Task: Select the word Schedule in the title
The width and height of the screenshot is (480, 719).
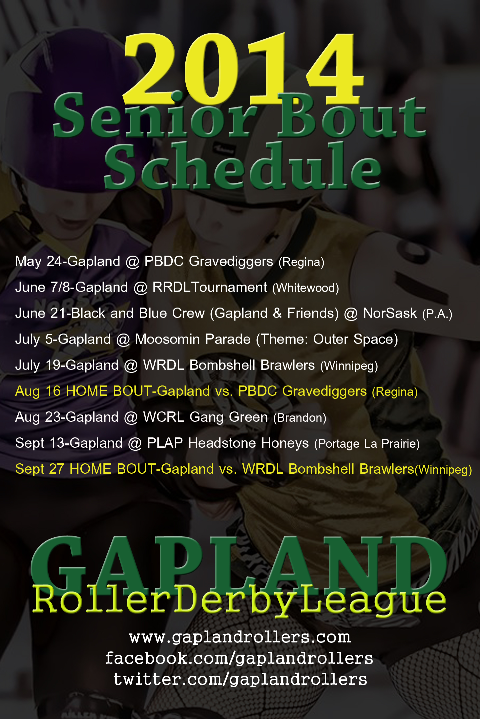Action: point(243,165)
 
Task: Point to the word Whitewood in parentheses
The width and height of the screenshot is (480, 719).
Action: point(305,288)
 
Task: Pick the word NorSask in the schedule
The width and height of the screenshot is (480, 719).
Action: point(390,313)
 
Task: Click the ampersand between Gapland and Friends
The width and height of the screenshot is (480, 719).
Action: point(277,313)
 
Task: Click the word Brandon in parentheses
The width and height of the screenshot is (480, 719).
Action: point(300,418)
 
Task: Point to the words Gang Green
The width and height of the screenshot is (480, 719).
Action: point(229,417)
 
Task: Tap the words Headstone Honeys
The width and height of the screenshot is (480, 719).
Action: point(249,443)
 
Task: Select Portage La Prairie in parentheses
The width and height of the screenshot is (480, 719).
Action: point(367,444)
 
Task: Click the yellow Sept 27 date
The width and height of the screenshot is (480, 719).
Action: point(40,469)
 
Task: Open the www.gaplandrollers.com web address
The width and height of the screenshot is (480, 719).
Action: point(240,637)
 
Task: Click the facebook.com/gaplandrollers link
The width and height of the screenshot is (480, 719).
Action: point(239,658)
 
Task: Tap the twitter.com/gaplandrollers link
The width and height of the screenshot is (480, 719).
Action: point(240,679)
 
